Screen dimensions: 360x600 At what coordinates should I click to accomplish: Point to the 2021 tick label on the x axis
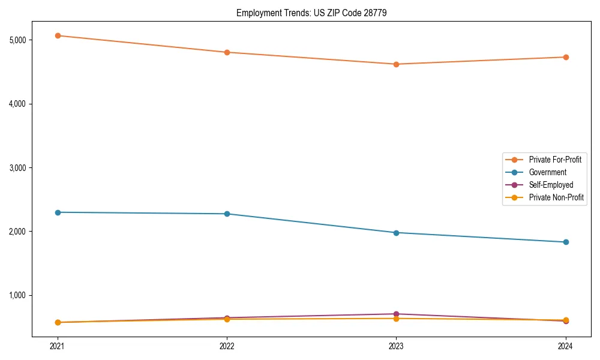coord(58,346)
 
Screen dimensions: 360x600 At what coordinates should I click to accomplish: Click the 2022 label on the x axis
coord(227,346)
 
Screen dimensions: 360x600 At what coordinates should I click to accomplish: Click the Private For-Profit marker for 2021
coord(58,35)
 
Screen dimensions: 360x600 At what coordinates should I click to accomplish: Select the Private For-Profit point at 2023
coord(396,64)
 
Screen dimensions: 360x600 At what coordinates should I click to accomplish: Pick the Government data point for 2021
coord(58,212)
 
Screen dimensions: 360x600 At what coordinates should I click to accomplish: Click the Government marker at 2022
coord(227,214)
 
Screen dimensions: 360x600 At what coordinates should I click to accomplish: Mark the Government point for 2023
coord(396,232)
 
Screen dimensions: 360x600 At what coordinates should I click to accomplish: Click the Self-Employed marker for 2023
coord(396,314)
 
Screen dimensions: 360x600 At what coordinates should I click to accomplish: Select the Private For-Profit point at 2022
coord(227,52)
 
